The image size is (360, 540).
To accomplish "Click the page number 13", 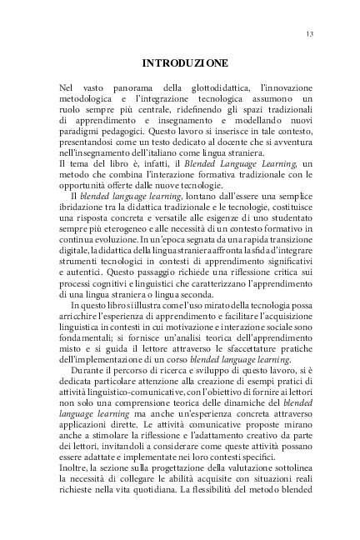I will pyautogui.click(x=309, y=33).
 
